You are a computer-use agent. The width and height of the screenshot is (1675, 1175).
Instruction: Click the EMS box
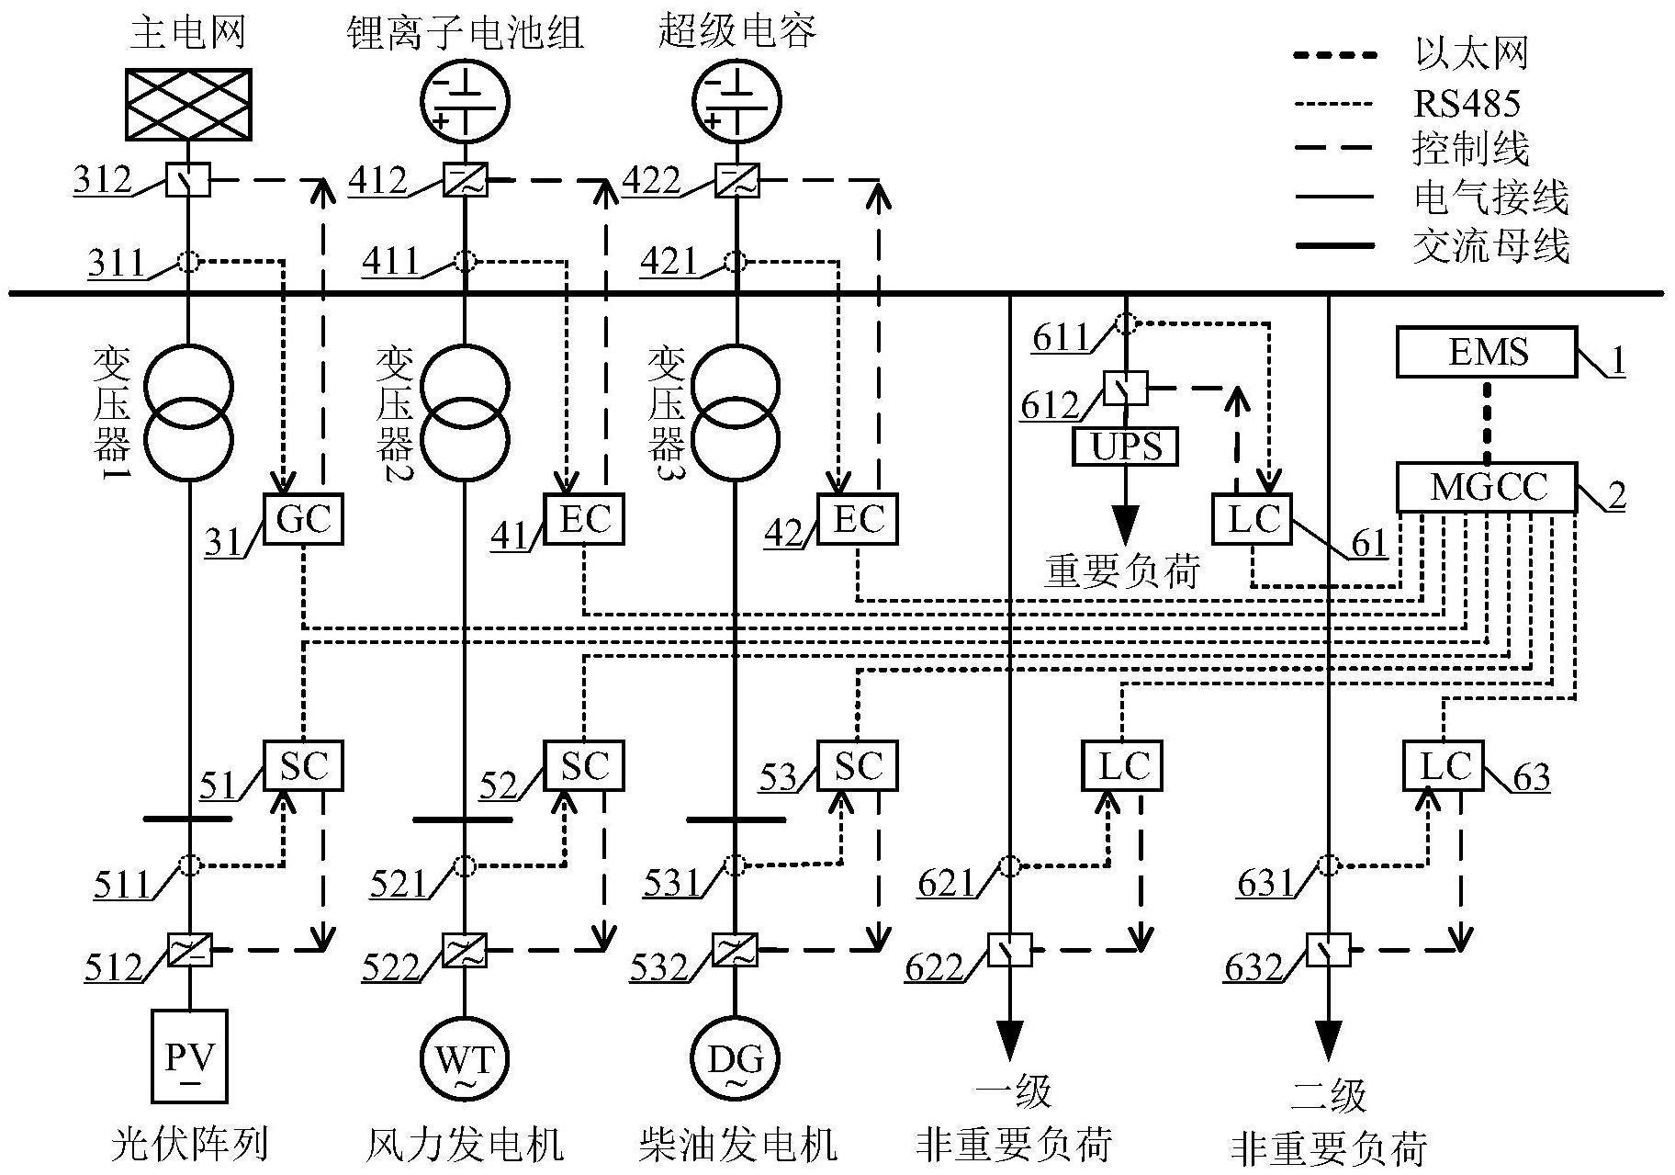pyautogui.click(x=1487, y=352)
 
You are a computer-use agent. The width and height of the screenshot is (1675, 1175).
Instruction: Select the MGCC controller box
pyautogui.click(x=1487, y=487)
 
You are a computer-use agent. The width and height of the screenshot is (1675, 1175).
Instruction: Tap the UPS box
pyautogui.click(x=1125, y=446)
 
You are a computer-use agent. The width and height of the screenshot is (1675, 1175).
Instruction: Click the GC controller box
pyautogui.click(x=304, y=519)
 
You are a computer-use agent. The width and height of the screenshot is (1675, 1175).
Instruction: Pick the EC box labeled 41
pyautogui.click(x=584, y=519)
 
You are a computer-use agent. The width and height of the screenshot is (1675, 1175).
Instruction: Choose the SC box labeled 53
pyautogui.click(x=858, y=765)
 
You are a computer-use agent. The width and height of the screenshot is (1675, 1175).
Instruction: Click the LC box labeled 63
pyautogui.click(x=1444, y=765)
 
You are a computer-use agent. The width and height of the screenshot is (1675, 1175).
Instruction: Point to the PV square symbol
pyautogui.click(x=189, y=1056)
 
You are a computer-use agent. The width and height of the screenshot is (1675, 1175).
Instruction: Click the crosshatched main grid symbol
pyautogui.click(x=188, y=105)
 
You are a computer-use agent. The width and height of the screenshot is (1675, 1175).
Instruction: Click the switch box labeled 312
pyautogui.click(x=188, y=180)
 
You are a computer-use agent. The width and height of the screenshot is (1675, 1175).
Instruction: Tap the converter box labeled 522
pyautogui.click(x=465, y=949)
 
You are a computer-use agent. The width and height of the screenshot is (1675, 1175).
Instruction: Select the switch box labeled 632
pyautogui.click(x=1328, y=950)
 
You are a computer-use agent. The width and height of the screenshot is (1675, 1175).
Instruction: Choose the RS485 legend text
pyautogui.click(x=1467, y=104)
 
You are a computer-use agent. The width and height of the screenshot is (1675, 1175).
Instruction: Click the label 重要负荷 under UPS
pyautogui.click(x=1122, y=571)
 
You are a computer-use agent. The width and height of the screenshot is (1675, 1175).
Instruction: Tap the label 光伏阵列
pyautogui.click(x=189, y=1145)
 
